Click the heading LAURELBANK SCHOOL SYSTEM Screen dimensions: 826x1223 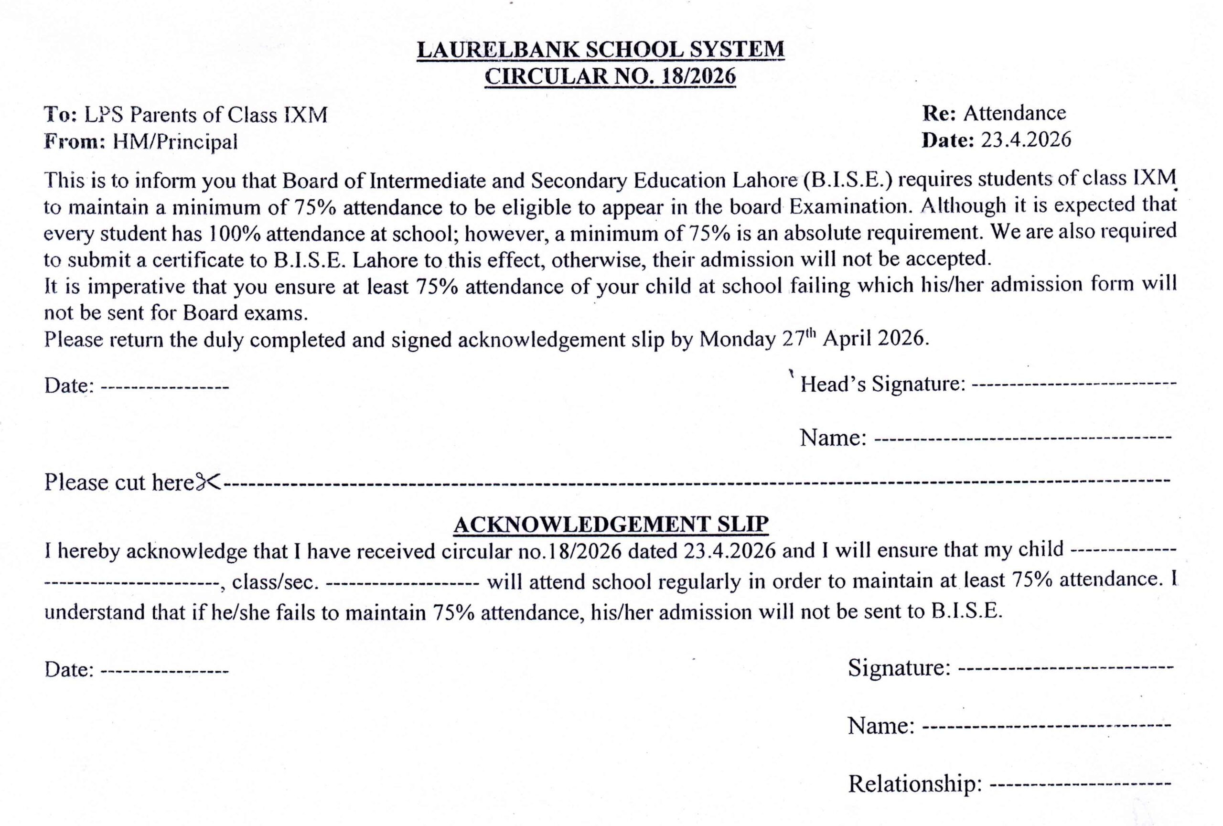[x=601, y=50]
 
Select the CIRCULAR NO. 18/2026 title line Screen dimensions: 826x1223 [x=610, y=76]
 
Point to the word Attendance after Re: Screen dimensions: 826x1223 [x=1014, y=113]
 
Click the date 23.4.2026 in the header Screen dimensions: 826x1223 [x=1026, y=140]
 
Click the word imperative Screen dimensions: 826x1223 [x=136, y=287]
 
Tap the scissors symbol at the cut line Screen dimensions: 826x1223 [x=208, y=482]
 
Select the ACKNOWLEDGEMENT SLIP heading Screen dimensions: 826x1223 [x=611, y=525]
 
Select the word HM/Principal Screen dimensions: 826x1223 [x=175, y=141]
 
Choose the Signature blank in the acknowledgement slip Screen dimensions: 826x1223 [x=1066, y=669]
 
